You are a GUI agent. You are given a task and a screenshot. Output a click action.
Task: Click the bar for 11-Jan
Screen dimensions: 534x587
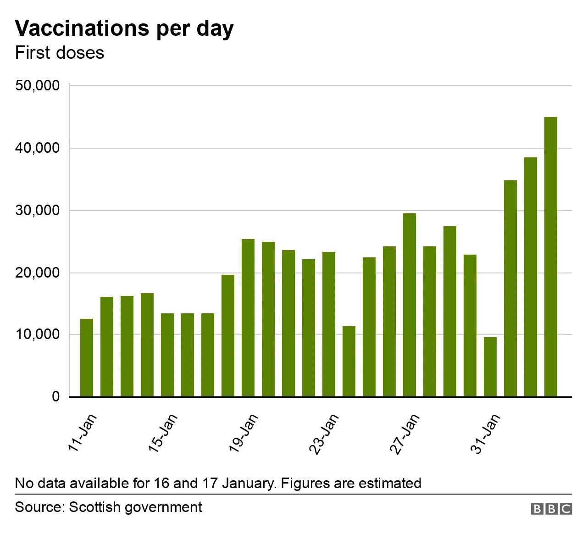point(87,358)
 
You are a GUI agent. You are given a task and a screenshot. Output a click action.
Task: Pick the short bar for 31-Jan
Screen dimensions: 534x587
point(490,367)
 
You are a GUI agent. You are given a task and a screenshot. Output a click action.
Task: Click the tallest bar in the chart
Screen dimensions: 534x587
point(551,257)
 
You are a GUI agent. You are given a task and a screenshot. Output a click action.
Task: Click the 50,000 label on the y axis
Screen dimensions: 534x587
point(38,86)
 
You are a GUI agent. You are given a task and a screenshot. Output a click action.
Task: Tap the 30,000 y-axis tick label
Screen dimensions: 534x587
point(38,211)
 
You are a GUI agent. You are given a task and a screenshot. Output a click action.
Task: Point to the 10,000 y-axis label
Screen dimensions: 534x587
point(38,334)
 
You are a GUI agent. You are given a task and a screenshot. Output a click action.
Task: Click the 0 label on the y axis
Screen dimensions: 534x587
point(55,397)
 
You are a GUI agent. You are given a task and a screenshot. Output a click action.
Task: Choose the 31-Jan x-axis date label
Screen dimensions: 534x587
point(486,433)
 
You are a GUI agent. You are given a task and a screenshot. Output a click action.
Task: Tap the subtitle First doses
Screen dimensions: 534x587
point(60,53)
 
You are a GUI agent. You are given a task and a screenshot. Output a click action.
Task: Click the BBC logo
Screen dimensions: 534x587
point(552,509)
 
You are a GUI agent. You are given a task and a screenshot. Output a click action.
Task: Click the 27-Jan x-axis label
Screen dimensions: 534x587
point(405,433)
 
